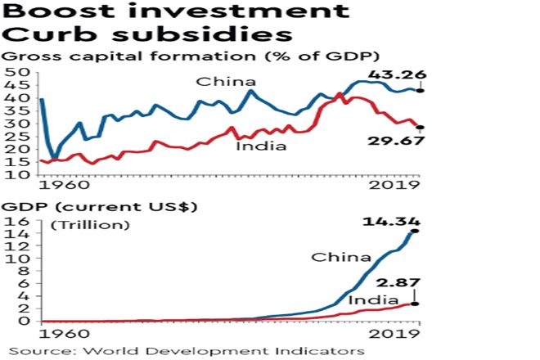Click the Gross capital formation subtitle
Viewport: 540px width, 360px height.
(192, 57)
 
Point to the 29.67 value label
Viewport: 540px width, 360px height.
(396, 140)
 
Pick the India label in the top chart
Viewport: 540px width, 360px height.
(261, 146)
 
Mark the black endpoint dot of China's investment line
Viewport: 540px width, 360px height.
(420, 92)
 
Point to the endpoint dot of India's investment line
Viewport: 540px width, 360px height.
(420, 127)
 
